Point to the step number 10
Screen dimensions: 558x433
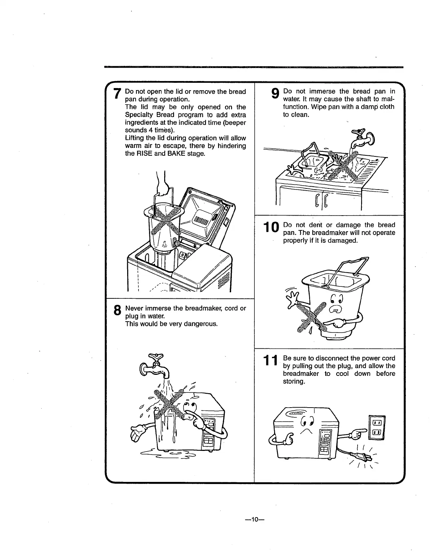tap(271, 228)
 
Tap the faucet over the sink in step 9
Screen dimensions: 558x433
tap(363, 138)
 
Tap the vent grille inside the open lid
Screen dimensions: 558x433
tap(201, 221)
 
